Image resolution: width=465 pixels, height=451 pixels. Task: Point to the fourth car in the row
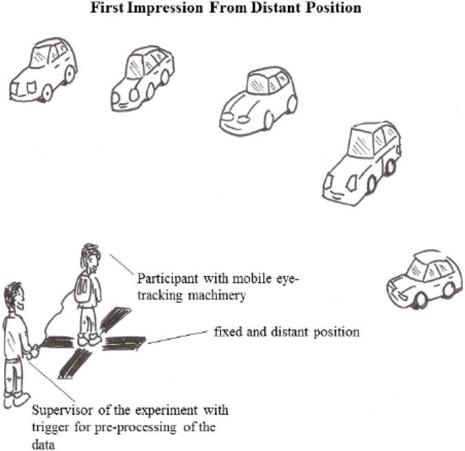pos(361,163)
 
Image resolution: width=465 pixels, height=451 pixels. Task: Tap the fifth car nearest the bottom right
pos(422,279)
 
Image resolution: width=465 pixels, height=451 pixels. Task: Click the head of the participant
pos(91,255)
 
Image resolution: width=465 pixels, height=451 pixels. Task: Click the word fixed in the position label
pos(229,332)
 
